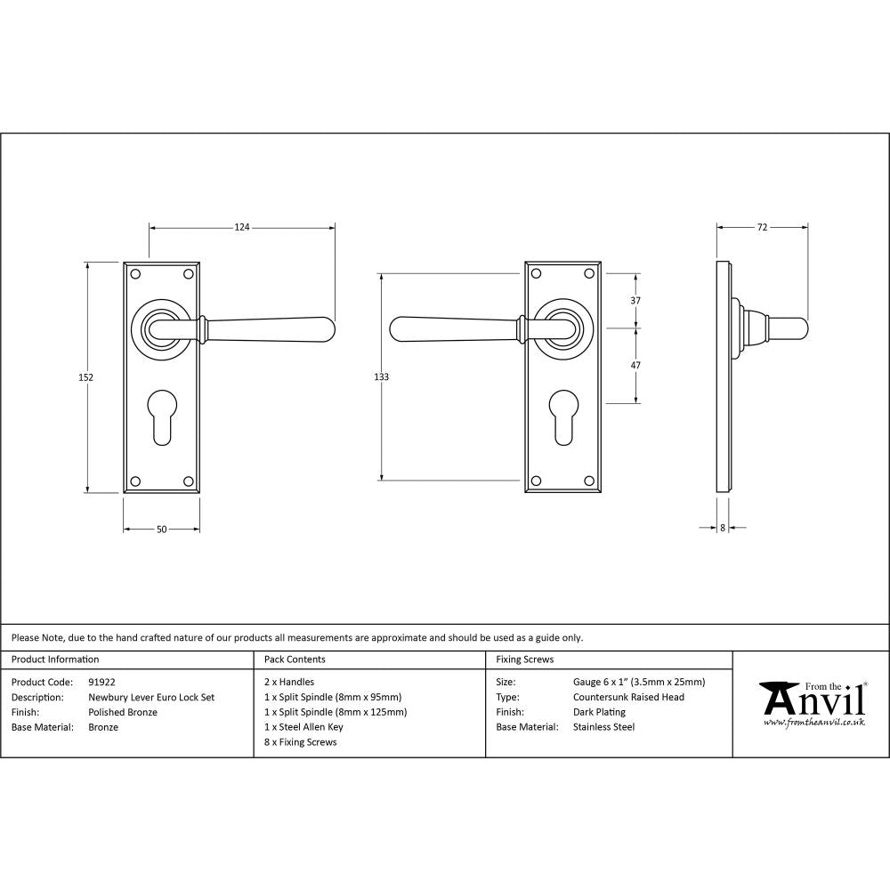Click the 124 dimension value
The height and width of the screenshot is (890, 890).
[241, 228]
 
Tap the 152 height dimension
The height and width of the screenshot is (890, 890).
[85, 377]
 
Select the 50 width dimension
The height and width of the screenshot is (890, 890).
[161, 530]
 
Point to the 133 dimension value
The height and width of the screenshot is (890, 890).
[381, 377]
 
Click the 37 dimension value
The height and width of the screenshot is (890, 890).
[635, 301]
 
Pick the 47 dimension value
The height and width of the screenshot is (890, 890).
[635, 366]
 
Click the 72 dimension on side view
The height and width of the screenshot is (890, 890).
[762, 228]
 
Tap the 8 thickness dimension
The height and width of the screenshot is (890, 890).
[723, 528]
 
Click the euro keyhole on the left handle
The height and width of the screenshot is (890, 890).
[161, 414]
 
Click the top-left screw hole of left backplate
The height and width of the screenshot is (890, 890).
[134, 273]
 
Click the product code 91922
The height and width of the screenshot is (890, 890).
[102, 683]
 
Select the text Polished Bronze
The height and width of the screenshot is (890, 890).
[123, 712]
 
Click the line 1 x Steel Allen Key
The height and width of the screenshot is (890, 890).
[303, 727]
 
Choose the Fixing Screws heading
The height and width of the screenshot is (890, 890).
[525, 659]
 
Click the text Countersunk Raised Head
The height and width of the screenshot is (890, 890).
[628, 698]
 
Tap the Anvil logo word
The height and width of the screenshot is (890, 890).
[814, 700]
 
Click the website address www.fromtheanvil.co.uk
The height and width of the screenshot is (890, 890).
[814, 724]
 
